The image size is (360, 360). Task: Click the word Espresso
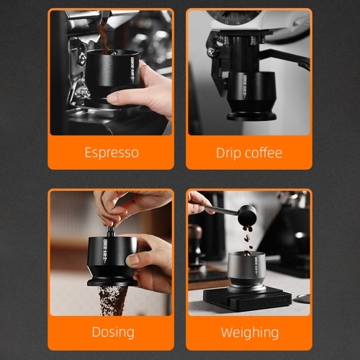point(112,153)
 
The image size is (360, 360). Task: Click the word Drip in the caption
point(228,153)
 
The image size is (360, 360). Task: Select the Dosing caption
point(113,333)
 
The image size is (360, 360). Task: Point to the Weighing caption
point(250,333)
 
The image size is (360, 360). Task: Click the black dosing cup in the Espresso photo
point(112,72)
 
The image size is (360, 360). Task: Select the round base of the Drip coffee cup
point(251,116)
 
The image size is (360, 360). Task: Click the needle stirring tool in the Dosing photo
point(111,230)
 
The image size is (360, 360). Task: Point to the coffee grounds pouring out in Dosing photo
point(112,300)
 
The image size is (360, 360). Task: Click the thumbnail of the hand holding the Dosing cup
point(132,261)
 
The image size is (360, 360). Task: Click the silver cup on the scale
point(247,272)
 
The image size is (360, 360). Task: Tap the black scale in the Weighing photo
point(247,299)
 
